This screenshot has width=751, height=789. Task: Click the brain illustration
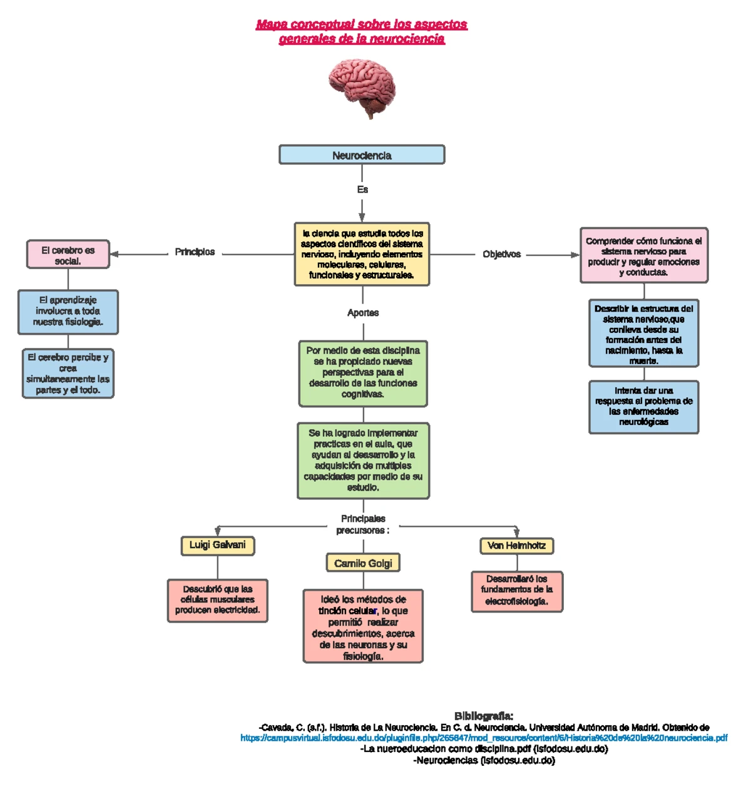(362, 87)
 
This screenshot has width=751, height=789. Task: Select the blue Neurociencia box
(362, 155)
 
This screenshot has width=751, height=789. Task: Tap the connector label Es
(362, 190)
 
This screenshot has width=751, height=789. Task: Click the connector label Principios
(195, 252)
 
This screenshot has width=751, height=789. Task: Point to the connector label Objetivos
(501, 255)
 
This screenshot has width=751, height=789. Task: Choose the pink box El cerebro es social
(68, 255)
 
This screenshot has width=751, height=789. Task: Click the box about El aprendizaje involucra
(68, 312)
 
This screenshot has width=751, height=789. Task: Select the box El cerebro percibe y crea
(68, 374)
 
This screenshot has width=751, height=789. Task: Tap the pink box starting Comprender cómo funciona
(643, 256)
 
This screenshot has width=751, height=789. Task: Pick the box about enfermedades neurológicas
(643, 407)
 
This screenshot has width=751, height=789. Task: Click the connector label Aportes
(363, 313)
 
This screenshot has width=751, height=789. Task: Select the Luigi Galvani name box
(218, 546)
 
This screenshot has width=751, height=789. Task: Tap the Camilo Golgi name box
(363, 563)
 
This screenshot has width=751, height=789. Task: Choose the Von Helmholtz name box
(516, 546)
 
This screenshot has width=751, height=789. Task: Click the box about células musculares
(218, 600)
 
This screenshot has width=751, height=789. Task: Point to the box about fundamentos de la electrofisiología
(517, 591)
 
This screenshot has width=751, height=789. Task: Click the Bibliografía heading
(484, 716)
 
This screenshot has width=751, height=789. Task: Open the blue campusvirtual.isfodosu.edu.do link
(484, 738)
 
